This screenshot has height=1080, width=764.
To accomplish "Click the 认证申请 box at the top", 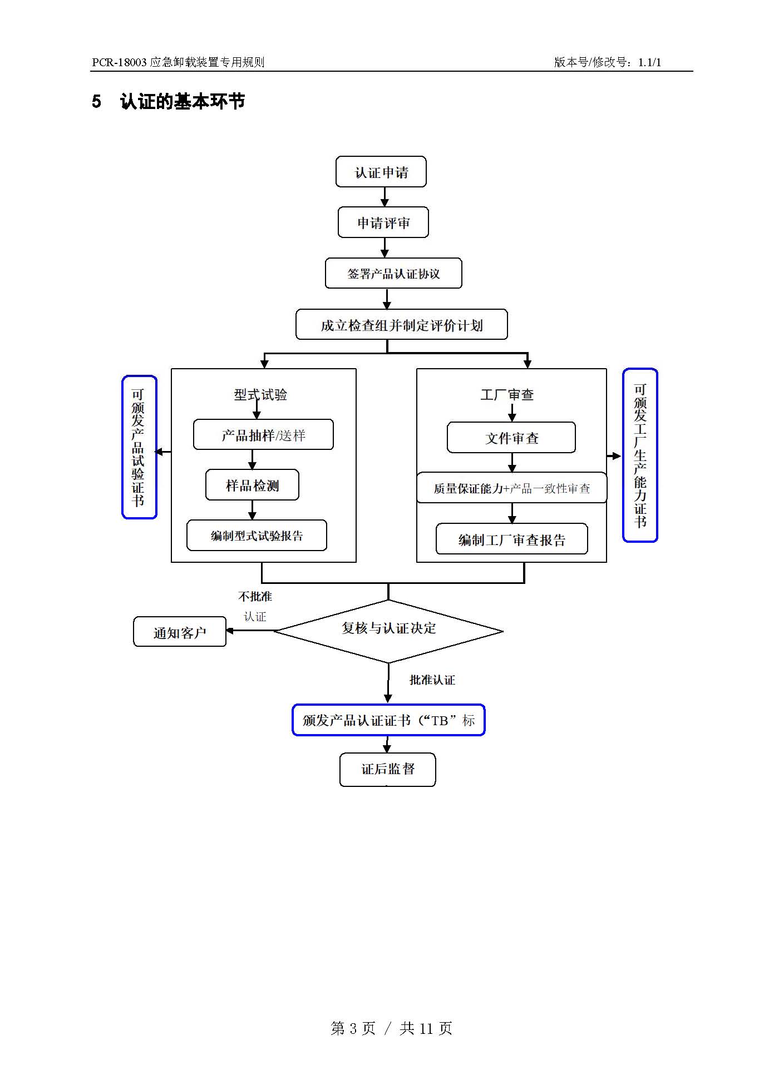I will pos(381,172).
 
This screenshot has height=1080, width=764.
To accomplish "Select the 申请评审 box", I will pos(383,222).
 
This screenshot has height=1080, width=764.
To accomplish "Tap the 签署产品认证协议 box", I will pos(393,273).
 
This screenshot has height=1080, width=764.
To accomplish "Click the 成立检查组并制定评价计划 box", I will pos(401,325).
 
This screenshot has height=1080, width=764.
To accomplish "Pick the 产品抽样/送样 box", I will pos(263,435).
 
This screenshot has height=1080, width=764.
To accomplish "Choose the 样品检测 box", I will pos(252,485).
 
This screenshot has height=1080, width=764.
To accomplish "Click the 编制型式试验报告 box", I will pos(257,536).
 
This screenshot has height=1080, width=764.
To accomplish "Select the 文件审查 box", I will pos(511,438).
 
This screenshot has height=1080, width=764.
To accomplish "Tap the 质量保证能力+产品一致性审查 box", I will pos(511,488).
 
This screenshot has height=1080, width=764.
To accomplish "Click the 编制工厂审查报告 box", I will pos(511,539).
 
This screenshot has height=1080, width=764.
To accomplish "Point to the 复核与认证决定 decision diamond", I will pos(388,631).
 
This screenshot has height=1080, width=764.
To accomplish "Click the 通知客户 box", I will pos(180,632).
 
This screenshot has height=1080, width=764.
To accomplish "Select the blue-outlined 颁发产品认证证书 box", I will pos(388,720).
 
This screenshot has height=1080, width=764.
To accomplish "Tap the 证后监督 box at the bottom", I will pos(388,769).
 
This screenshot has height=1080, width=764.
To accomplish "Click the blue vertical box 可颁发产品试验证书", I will pos(139,447).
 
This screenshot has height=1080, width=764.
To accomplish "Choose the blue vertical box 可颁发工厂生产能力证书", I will pos(640,455).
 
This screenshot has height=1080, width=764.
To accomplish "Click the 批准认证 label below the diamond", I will pos(432,680).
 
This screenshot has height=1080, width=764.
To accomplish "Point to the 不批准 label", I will pos(255,596).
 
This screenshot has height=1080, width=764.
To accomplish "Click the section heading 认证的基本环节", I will pos(182,101).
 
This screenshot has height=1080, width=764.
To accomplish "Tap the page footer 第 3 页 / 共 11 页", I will pos(391,1028).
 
